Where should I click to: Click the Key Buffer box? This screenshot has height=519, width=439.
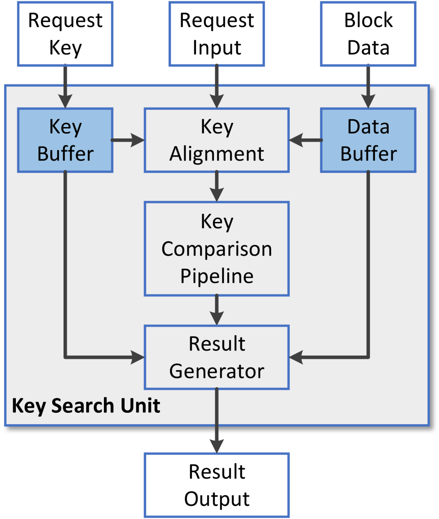tap(65, 140)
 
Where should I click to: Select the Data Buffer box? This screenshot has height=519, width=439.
tap(368, 140)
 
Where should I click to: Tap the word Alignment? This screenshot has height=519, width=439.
tap(217, 154)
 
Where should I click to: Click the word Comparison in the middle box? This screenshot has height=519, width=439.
tap(217, 249)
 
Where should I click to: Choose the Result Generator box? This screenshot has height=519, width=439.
tap(217, 357)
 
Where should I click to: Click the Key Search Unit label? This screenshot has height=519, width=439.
tap(86, 406)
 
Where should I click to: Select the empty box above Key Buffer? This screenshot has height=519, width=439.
tap(65, 34)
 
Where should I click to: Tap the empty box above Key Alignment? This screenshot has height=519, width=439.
tap(217, 34)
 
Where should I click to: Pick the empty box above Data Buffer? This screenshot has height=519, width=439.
tap(368, 34)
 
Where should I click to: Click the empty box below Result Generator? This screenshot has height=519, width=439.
tap(217, 485)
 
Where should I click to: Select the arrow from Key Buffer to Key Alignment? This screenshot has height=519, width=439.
tap(128, 140)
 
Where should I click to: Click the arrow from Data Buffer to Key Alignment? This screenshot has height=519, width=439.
tap(305, 140)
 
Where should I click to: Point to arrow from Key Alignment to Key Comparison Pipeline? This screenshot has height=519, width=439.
tap(217, 186)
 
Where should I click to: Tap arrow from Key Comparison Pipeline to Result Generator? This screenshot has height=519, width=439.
tap(217, 310)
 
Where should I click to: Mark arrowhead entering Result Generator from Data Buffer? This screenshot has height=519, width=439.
tap(296, 357)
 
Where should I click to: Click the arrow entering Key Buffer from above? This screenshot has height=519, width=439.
tap(65, 86)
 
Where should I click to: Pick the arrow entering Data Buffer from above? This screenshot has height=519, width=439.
tap(368, 86)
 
